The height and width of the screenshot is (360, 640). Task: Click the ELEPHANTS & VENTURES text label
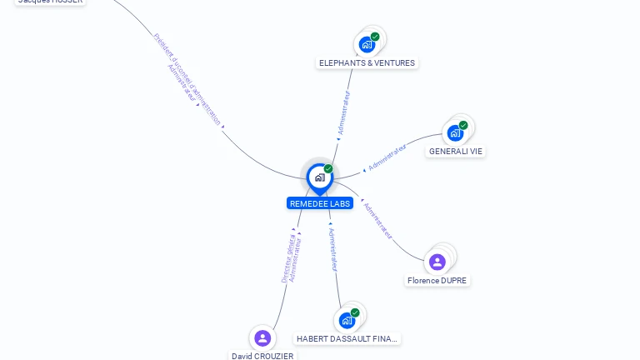pyautogui.click(x=367, y=62)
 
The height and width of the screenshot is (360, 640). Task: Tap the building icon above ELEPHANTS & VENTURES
pyautogui.click(x=366, y=45)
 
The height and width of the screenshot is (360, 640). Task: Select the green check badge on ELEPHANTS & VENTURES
pyautogui.click(x=375, y=37)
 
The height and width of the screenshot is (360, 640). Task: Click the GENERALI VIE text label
pyautogui.click(x=455, y=152)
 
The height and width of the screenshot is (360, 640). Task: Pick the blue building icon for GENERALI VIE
pyautogui.click(x=455, y=133)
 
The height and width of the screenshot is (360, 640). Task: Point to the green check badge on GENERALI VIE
pyautogui.click(x=463, y=125)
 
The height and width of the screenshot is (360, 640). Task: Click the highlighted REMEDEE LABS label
pyautogui.click(x=320, y=203)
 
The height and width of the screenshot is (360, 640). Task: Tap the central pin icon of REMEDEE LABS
pyautogui.click(x=319, y=177)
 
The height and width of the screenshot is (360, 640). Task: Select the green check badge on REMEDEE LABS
pyautogui.click(x=328, y=168)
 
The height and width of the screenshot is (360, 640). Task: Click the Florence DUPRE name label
pyautogui.click(x=437, y=281)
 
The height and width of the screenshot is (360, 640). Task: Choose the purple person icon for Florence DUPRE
pyautogui.click(x=437, y=262)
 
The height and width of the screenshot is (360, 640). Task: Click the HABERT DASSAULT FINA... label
pyautogui.click(x=347, y=339)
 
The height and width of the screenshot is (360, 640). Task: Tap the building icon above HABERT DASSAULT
pyautogui.click(x=347, y=321)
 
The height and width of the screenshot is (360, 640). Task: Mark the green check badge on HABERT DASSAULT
pyautogui.click(x=355, y=312)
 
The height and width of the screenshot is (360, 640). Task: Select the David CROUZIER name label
pyautogui.click(x=262, y=356)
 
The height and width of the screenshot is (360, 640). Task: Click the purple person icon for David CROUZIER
pyautogui.click(x=262, y=337)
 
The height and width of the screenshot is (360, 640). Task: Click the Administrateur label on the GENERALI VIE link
pyautogui.click(x=387, y=157)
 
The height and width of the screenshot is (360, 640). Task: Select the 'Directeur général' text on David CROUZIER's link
pyautogui.click(x=285, y=259)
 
